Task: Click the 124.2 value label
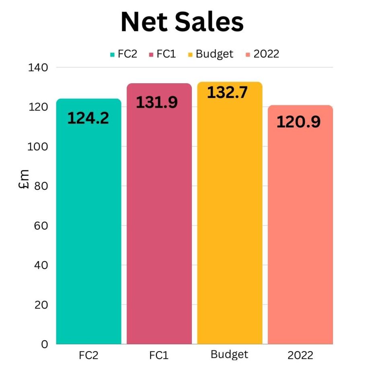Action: point(88,118)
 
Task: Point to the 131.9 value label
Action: point(157,103)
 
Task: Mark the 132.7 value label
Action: point(227,92)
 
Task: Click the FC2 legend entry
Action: point(123,54)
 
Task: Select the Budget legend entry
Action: point(210,54)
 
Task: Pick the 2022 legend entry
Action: point(262,54)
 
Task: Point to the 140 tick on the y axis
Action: point(39,68)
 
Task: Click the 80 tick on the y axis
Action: point(41,186)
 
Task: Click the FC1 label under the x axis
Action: point(159,356)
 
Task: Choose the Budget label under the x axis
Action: point(229,355)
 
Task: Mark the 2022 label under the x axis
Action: point(300,356)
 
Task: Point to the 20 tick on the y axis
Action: point(41,305)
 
